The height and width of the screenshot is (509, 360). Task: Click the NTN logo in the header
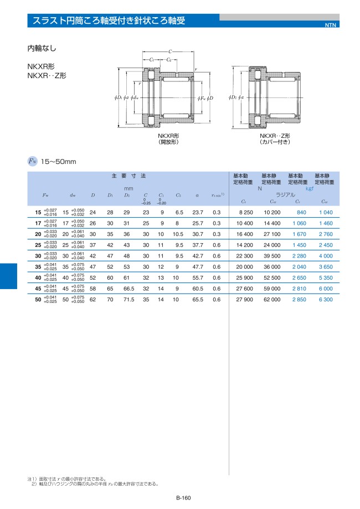pos(331,25)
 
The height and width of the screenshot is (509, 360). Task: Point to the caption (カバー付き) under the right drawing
pos(275,142)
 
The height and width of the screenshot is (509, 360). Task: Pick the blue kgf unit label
pos(311,188)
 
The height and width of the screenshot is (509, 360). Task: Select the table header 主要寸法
pos(129,176)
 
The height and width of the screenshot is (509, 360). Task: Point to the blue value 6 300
pos(326,299)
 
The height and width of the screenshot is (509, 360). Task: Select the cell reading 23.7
pos(198,212)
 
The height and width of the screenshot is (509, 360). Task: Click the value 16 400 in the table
pos(244,234)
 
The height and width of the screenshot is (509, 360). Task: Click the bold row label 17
pos(38,223)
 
